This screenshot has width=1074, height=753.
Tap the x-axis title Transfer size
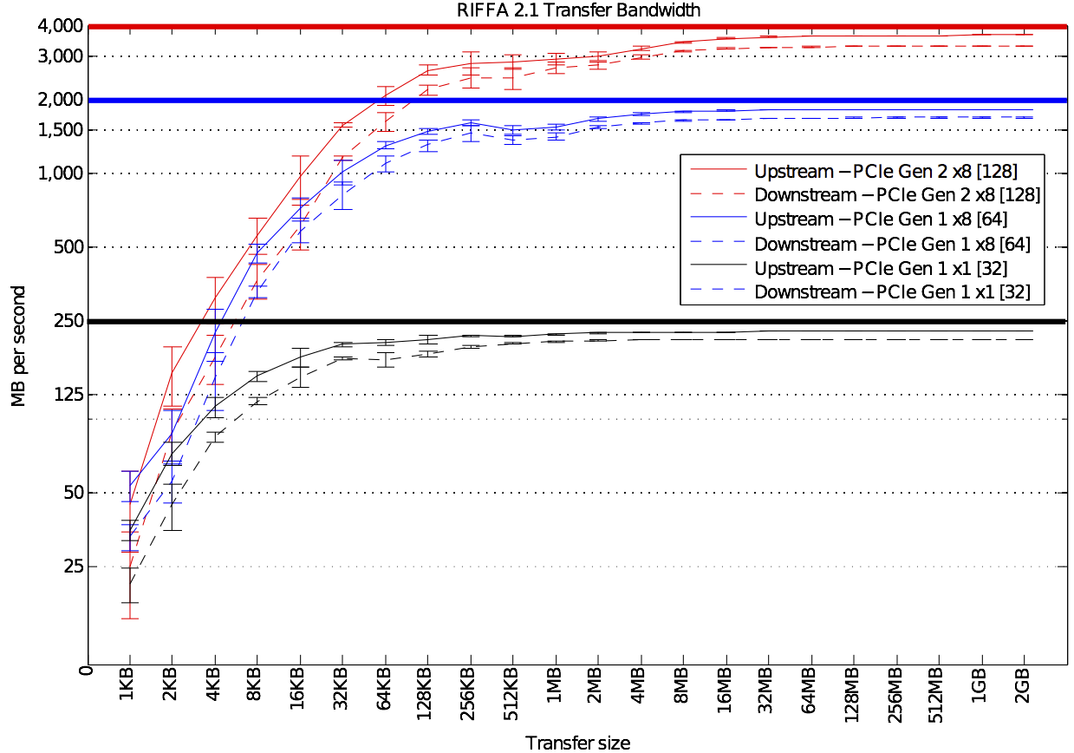pyautogui.click(x=577, y=742)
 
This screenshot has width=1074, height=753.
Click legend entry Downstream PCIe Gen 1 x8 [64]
pyautogui.click(x=892, y=244)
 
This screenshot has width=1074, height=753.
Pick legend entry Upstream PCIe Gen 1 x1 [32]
pyautogui.click(x=880, y=268)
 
